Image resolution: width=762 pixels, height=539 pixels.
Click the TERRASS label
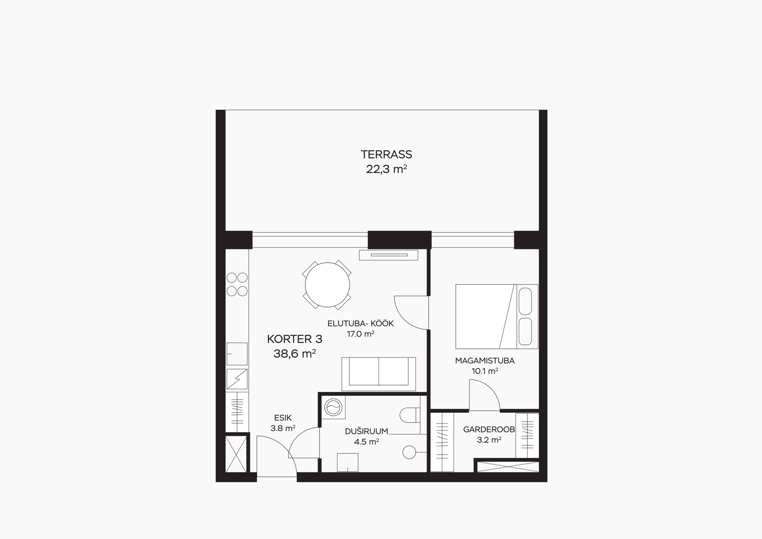386,155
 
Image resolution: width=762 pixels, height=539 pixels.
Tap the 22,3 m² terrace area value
386,169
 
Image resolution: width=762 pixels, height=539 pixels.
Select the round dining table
327,285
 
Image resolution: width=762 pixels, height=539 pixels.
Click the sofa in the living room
379,374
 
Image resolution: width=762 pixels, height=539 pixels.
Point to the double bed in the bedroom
496,317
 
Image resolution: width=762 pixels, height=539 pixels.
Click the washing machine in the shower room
333,407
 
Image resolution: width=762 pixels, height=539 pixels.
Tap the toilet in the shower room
410,415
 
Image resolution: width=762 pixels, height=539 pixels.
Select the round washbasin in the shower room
409,452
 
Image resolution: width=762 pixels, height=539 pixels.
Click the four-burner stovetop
237,284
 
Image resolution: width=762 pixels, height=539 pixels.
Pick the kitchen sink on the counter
237,354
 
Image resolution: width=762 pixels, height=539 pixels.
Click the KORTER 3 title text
295,339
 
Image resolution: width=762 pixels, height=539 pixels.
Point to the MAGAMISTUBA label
485,361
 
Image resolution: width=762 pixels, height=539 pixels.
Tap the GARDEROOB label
489,429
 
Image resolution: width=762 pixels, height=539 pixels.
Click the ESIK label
283,418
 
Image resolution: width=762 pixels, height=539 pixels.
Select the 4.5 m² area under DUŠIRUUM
366,442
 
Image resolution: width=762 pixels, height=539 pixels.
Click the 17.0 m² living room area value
361,334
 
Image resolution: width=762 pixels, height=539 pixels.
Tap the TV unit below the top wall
388,255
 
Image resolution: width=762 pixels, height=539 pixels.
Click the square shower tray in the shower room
347,462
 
